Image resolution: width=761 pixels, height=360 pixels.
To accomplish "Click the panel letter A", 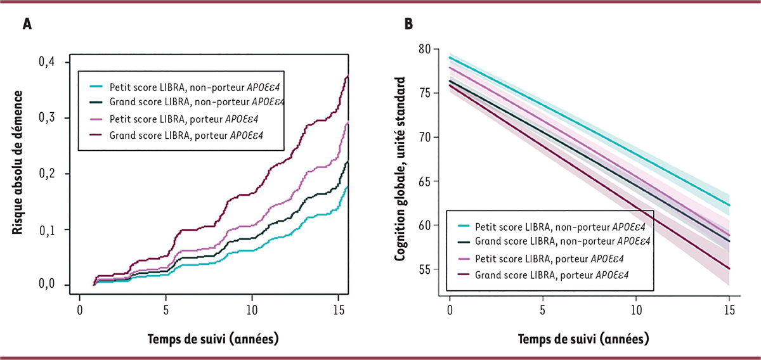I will pos(27,24).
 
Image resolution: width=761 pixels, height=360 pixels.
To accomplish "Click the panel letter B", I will pos(409,24).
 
